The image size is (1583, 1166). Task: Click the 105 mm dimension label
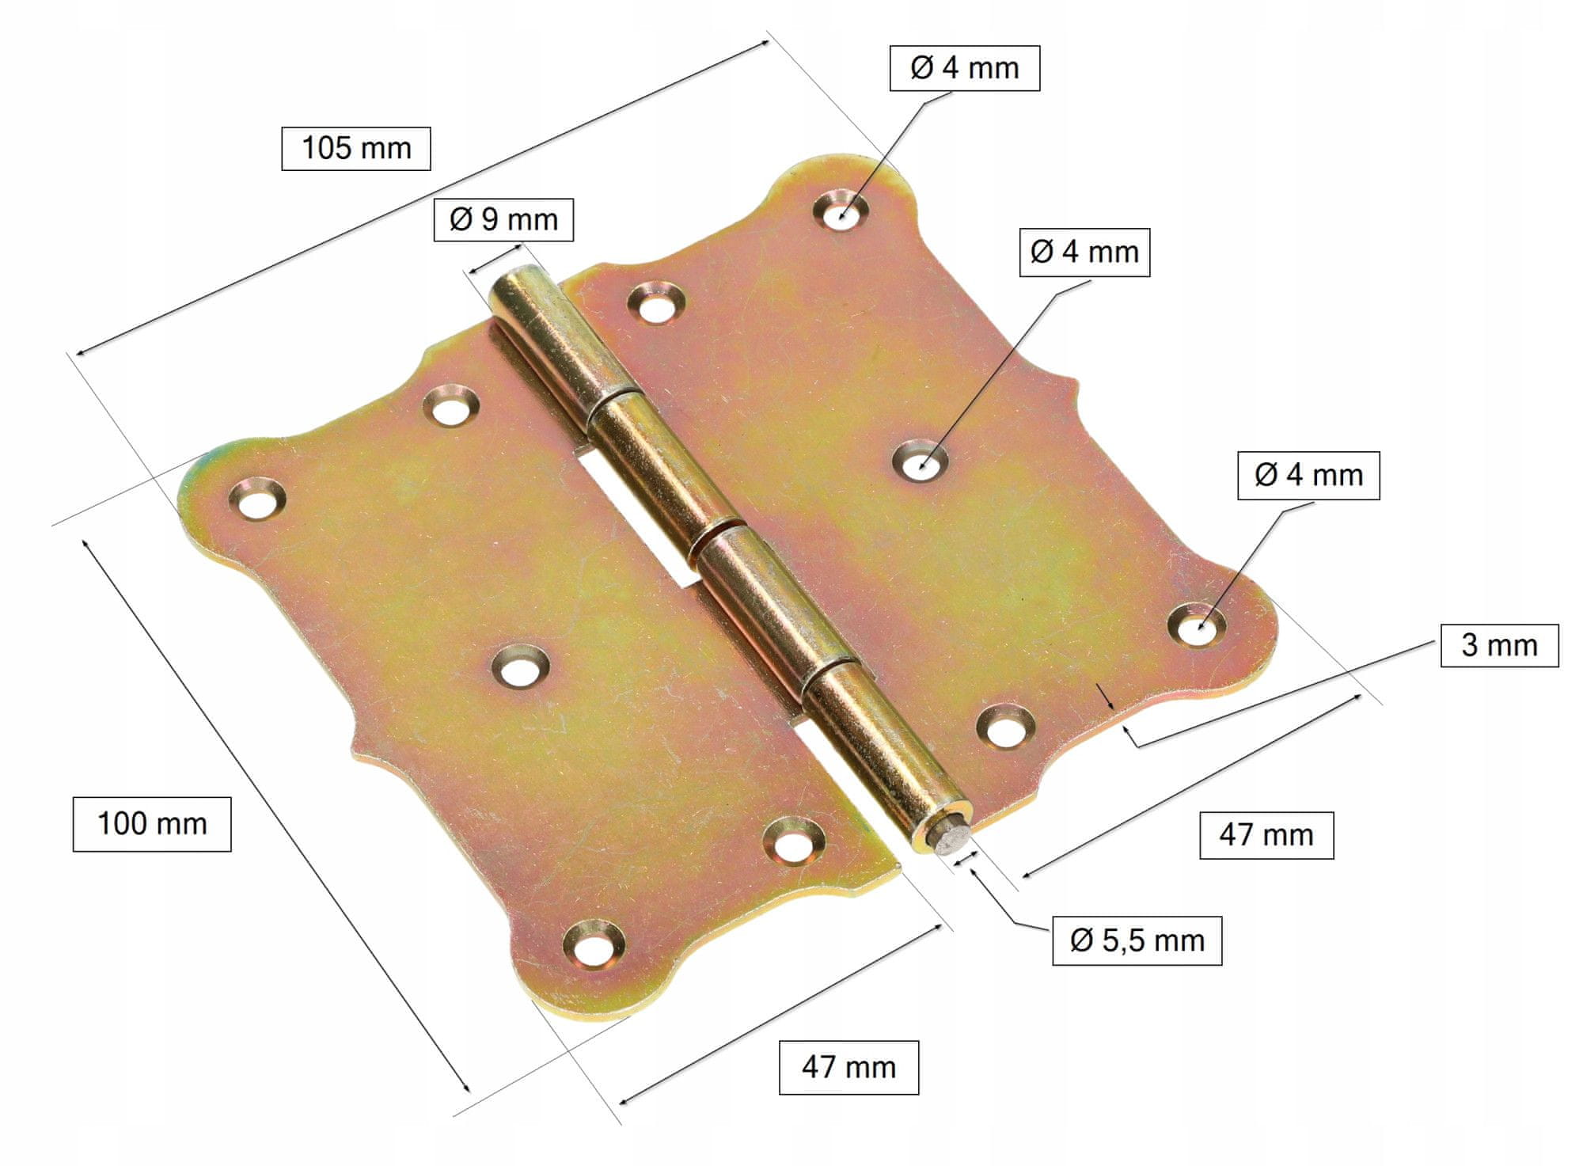(356, 148)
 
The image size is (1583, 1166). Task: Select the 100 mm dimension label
(152, 824)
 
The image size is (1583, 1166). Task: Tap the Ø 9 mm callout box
(503, 219)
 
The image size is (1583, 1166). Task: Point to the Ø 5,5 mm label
(1137, 940)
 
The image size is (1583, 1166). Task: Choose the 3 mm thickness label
(1499, 645)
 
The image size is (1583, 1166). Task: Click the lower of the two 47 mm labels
(848, 1068)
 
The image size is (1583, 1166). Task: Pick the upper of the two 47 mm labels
(1266, 835)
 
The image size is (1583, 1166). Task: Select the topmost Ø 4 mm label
(964, 68)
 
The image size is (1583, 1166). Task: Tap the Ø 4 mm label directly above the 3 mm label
(1308, 475)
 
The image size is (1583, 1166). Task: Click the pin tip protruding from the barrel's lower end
(951, 840)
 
